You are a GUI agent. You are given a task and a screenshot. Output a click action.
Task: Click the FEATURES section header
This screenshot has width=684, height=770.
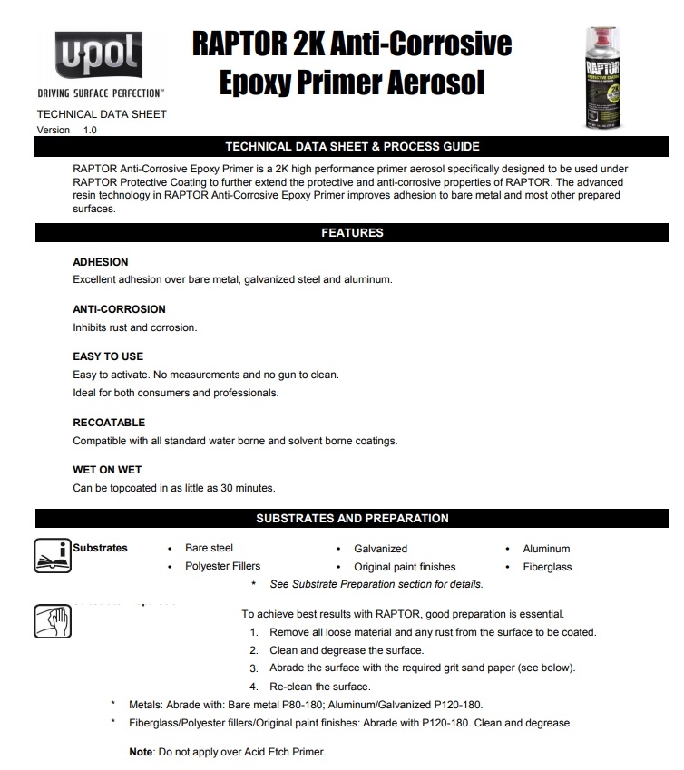click(x=352, y=233)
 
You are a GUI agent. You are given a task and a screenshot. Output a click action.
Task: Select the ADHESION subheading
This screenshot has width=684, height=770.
click(x=101, y=262)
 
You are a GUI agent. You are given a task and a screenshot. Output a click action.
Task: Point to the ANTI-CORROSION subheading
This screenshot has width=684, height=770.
click(x=119, y=309)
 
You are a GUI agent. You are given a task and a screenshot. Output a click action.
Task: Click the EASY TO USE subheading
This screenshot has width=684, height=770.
click(x=108, y=356)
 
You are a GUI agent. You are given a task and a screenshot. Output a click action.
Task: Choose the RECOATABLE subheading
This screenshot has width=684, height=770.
click(x=109, y=423)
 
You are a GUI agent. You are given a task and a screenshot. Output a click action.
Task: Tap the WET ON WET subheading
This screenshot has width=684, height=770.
click(x=107, y=470)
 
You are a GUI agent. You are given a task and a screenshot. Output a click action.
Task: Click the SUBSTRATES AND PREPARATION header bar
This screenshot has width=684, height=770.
click(x=352, y=519)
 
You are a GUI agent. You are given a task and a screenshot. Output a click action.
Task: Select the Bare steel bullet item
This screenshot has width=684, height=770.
click(x=209, y=549)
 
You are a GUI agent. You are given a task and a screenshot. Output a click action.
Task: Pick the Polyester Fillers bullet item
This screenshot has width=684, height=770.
click(x=222, y=567)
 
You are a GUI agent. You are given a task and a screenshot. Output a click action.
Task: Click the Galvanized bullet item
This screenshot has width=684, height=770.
click(x=380, y=549)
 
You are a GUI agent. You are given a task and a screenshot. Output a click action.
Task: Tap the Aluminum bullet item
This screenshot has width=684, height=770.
click(x=546, y=549)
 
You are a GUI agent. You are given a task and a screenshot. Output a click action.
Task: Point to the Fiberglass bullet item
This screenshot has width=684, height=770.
click(x=547, y=567)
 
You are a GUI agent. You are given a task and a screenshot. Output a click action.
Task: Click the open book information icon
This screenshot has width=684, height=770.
click(x=52, y=555)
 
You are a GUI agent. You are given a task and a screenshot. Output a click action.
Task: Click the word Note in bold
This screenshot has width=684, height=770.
click(x=141, y=753)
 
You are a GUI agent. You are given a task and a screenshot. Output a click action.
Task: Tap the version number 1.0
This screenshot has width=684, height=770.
click(x=90, y=131)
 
